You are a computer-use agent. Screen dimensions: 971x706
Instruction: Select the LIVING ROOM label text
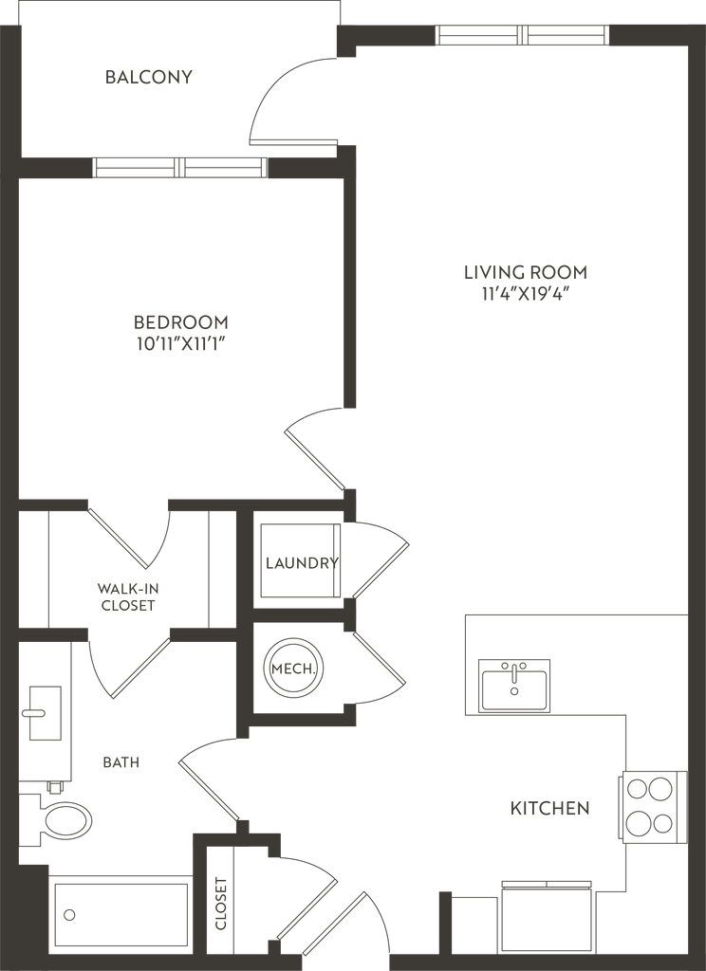526,272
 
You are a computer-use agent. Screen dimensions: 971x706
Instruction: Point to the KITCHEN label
550,809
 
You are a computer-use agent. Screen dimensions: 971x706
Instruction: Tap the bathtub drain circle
68,916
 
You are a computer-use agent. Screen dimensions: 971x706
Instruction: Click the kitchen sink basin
512,686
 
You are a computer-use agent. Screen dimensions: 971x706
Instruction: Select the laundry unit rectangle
296,561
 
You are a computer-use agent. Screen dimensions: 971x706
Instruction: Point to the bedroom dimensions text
180,344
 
